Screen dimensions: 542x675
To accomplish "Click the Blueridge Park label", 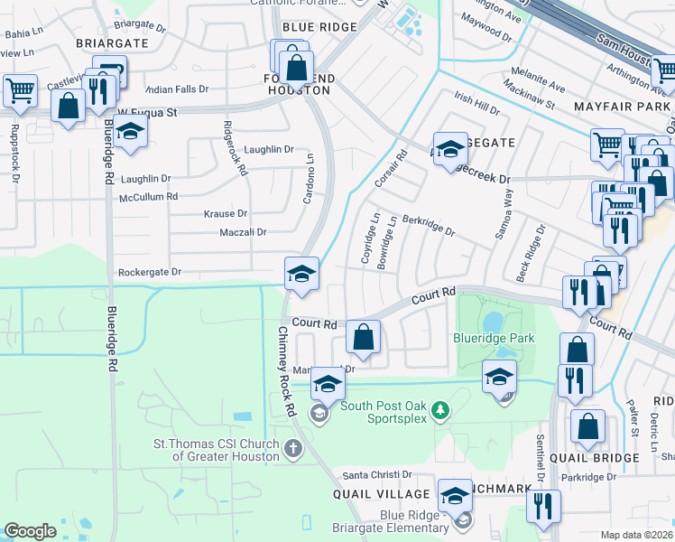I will [x=494, y=339].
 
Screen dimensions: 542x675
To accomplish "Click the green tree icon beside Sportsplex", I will [x=439, y=411].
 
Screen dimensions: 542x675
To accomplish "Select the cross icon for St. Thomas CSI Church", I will [x=291, y=447].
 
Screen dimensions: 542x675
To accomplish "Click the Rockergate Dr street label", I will [x=150, y=272].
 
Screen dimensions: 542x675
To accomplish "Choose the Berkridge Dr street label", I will [x=429, y=225].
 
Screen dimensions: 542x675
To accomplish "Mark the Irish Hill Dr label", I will [x=476, y=104].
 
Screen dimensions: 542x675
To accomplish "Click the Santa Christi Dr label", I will [x=376, y=475].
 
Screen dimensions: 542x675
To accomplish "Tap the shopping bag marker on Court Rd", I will [x=363, y=338].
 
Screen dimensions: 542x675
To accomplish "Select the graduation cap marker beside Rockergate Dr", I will [x=301, y=274].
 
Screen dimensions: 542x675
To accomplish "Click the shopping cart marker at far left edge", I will [x=19, y=89].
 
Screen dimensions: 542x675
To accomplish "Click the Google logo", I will [x=30, y=531].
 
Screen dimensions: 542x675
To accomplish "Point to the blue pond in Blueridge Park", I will [x=493, y=322].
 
